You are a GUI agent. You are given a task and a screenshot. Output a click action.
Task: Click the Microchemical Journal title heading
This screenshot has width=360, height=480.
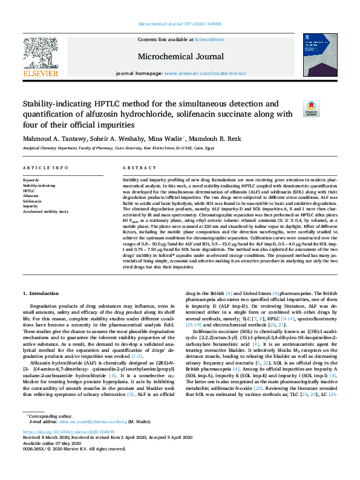point(180,57)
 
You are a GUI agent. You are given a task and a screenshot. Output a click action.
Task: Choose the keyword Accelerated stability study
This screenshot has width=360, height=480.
point(46,212)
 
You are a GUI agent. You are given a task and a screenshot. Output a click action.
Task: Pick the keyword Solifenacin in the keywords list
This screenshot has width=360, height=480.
point(33,201)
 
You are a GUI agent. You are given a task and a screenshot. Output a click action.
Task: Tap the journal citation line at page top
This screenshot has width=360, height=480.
point(180,9)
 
